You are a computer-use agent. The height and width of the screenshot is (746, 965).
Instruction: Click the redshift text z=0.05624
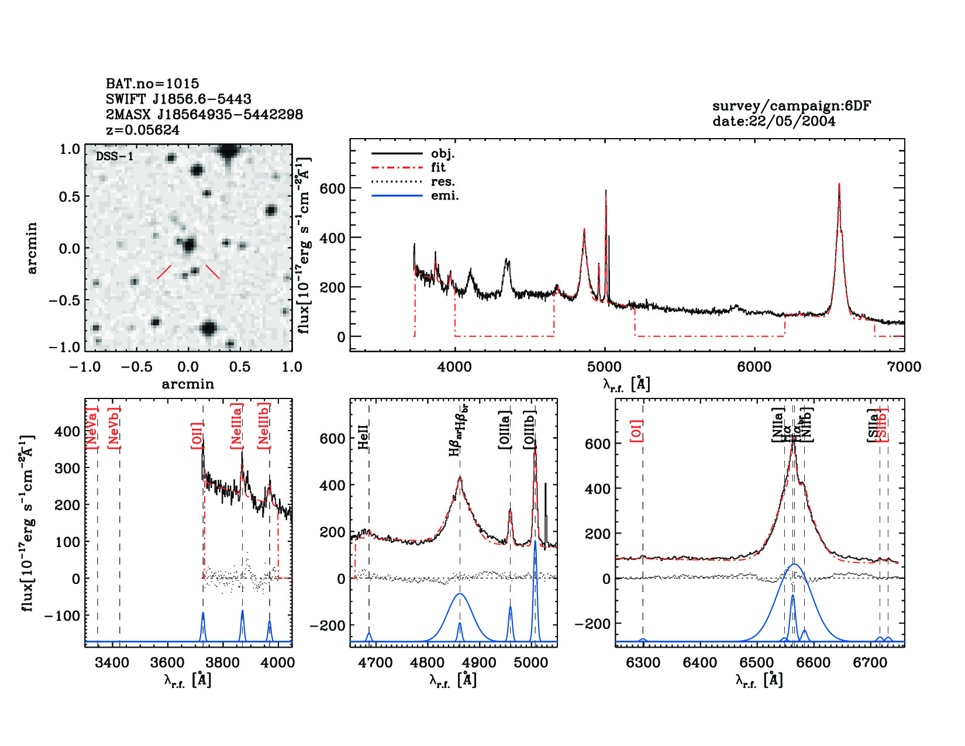point(143,130)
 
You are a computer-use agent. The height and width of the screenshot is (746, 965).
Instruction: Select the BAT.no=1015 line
point(152,84)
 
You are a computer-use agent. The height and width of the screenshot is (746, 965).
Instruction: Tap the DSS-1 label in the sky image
point(115,156)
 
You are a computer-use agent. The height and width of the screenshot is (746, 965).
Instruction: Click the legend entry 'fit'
point(438,167)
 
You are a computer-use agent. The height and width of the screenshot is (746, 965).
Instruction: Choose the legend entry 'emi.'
point(444,196)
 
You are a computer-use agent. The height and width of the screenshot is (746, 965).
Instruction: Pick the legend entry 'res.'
point(443,181)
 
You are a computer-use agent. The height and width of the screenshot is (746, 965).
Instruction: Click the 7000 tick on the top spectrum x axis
point(904,367)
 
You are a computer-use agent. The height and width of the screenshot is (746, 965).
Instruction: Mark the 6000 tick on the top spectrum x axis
point(754,367)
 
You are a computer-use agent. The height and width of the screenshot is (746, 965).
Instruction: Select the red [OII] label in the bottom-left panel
point(197,436)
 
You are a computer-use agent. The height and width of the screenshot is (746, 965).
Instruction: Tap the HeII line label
point(363,437)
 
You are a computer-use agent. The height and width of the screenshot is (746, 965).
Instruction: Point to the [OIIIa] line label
point(505,430)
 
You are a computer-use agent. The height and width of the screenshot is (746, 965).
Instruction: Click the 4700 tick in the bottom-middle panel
point(375,662)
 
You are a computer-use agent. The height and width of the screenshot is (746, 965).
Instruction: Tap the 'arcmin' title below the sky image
point(188,384)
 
